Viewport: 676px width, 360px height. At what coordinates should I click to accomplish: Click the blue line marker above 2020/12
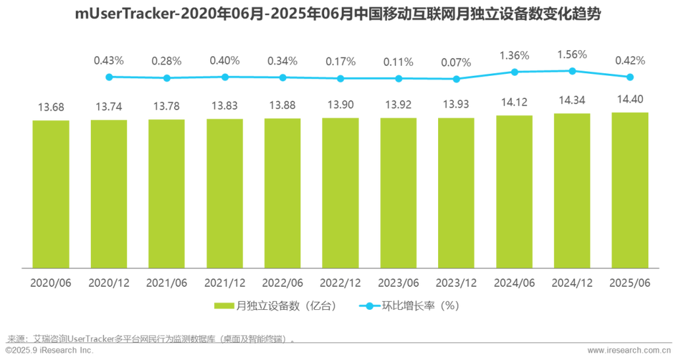click(109, 77)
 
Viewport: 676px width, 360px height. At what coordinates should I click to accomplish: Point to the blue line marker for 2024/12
click(572, 69)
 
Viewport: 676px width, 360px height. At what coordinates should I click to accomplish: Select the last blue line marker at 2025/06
click(631, 77)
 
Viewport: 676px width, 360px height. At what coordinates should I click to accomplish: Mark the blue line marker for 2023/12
click(456, 79)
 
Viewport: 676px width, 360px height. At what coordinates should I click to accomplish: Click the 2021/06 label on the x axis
click(167, 282)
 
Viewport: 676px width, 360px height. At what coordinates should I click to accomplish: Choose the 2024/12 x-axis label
click(572, 282)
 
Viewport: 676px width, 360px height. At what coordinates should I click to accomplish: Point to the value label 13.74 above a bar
click(109, 105)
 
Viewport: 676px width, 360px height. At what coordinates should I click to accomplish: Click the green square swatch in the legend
click(223, 307)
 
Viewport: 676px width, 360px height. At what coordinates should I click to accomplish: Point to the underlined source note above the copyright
click(148, 340)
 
